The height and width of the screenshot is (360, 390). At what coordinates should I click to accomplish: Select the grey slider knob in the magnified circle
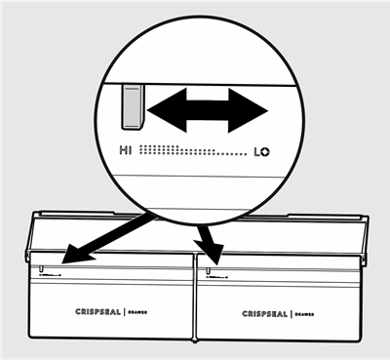click(x=131, y=105)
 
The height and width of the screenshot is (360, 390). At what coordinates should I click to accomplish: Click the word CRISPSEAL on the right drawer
click(x=268, y=314)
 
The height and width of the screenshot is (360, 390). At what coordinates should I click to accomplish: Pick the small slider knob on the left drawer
click(x=42, y=267)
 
